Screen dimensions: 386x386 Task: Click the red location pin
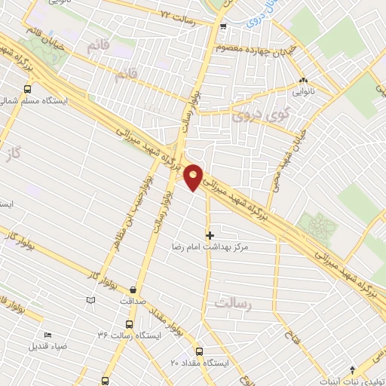pos(194,176)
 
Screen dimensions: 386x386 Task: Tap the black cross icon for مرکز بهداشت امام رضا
pos(210,235)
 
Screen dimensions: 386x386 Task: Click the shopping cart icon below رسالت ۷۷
pos(222,27)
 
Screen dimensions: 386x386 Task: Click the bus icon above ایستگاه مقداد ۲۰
pos(200,351)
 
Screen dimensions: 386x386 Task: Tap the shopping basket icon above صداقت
pos(133,289)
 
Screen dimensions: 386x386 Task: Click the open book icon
pos(91,299)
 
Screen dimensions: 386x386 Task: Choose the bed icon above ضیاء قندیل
pos(48,335)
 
